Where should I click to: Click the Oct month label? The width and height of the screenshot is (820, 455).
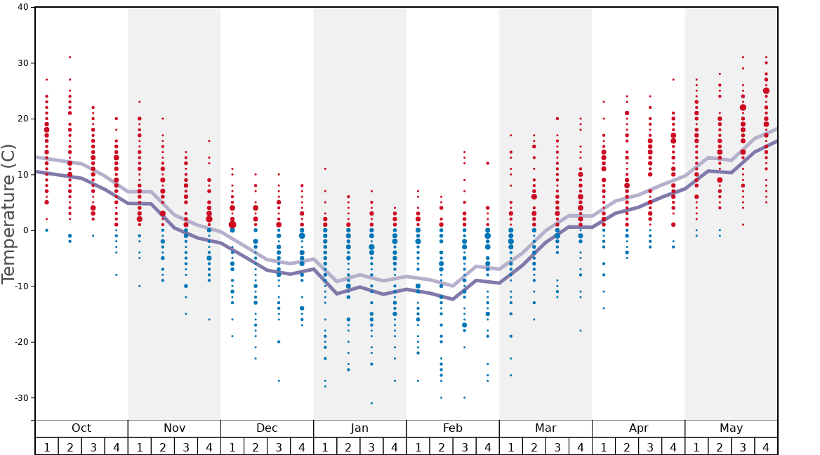pos(81,428)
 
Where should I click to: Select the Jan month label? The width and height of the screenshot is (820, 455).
pos(359,428)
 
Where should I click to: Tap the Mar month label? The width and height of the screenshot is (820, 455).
pos(545,428)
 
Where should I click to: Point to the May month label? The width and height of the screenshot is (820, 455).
pos(731,428)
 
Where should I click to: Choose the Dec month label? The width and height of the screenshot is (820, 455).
pos(267,428)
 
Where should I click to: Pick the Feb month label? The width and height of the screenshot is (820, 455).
pos(453,428)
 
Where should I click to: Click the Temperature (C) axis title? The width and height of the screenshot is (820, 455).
pos(8,213)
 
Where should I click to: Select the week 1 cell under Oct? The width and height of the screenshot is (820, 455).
pos(46,447)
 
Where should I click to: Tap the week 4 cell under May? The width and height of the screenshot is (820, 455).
pos(766,447)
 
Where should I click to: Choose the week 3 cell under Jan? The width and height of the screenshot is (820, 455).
pos(371,447)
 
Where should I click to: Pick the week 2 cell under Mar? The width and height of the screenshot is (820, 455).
pos(534,447)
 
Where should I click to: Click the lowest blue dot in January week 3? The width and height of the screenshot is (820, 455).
pos(371,403)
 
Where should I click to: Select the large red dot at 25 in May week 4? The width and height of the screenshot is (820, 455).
pos(766,91)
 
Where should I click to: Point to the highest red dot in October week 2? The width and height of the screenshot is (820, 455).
pos(70,58)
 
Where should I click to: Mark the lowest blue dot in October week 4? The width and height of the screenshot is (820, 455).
pos(117,275)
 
